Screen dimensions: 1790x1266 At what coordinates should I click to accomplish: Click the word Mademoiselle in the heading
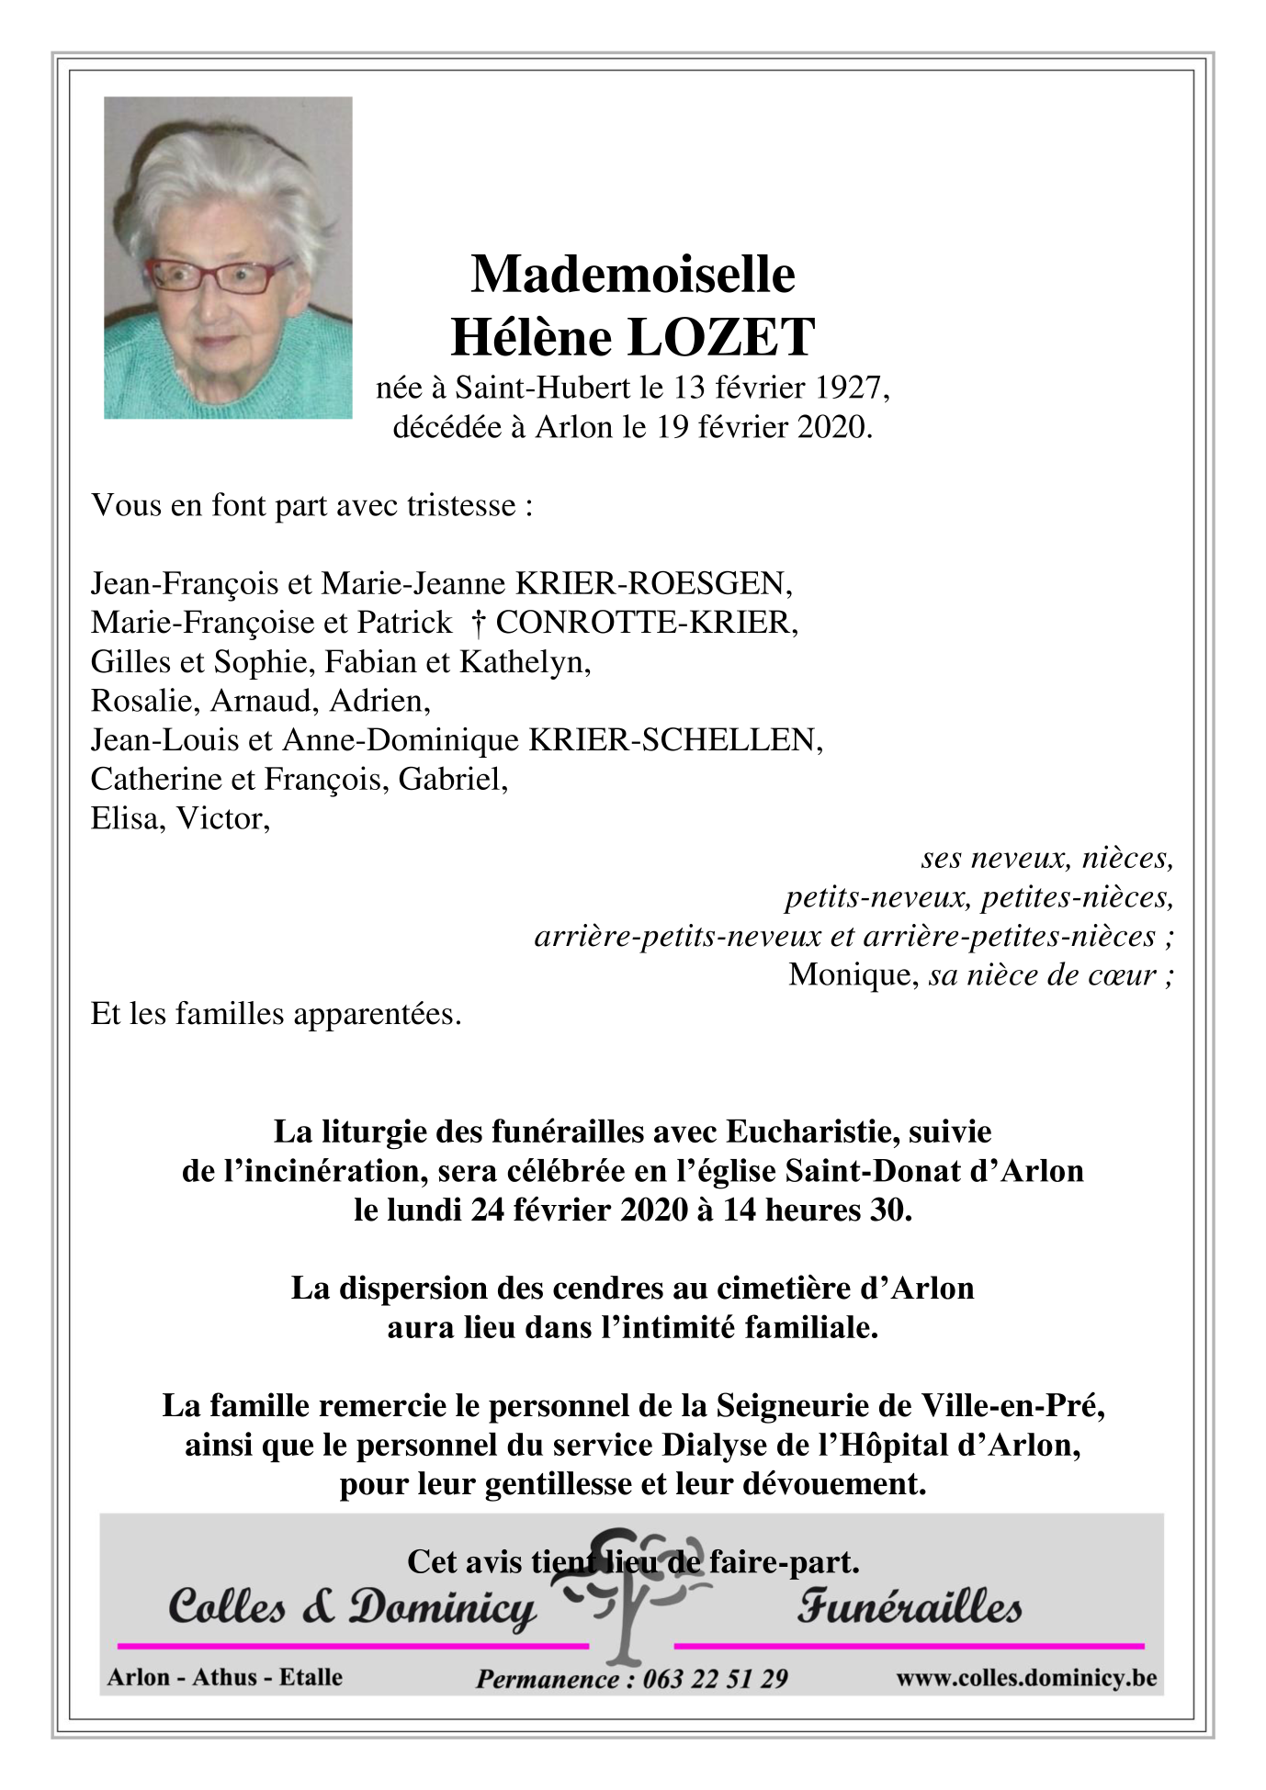point(632,275)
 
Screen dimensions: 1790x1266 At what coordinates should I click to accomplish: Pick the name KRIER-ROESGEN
point(653,583)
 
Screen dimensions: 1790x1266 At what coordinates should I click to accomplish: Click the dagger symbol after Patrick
point(478,624)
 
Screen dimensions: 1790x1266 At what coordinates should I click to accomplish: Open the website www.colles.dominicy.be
point(1026,1678)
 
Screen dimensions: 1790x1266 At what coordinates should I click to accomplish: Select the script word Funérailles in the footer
point(909,1607)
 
